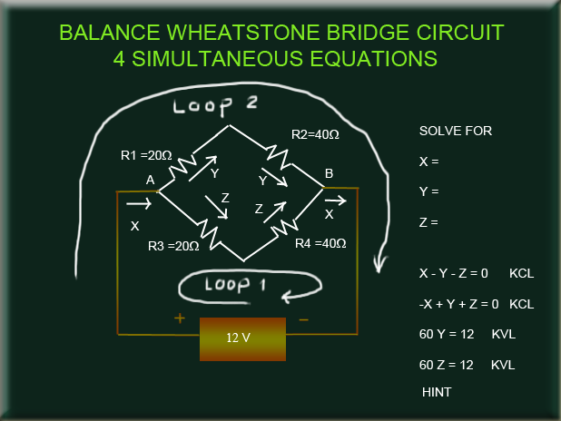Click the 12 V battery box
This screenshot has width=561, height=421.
tap(242, 338)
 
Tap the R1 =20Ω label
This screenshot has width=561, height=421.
tap(146, 156)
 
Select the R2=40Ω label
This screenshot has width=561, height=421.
tap(315, 134)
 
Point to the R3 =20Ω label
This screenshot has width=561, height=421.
tap(173, 245)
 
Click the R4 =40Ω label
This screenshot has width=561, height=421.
tap(321, 243)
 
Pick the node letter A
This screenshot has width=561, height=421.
tap(150, 181)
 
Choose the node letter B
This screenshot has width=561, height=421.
tap(329, 173)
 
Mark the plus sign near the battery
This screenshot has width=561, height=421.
tap(180, 318)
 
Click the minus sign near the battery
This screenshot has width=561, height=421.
tap(304, 319)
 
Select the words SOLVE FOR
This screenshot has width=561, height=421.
tap(455, 131)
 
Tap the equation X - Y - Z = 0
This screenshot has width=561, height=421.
tap(453, 272)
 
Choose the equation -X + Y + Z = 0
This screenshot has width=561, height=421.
tap(456, 303)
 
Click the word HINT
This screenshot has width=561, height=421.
tap(438, 392)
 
